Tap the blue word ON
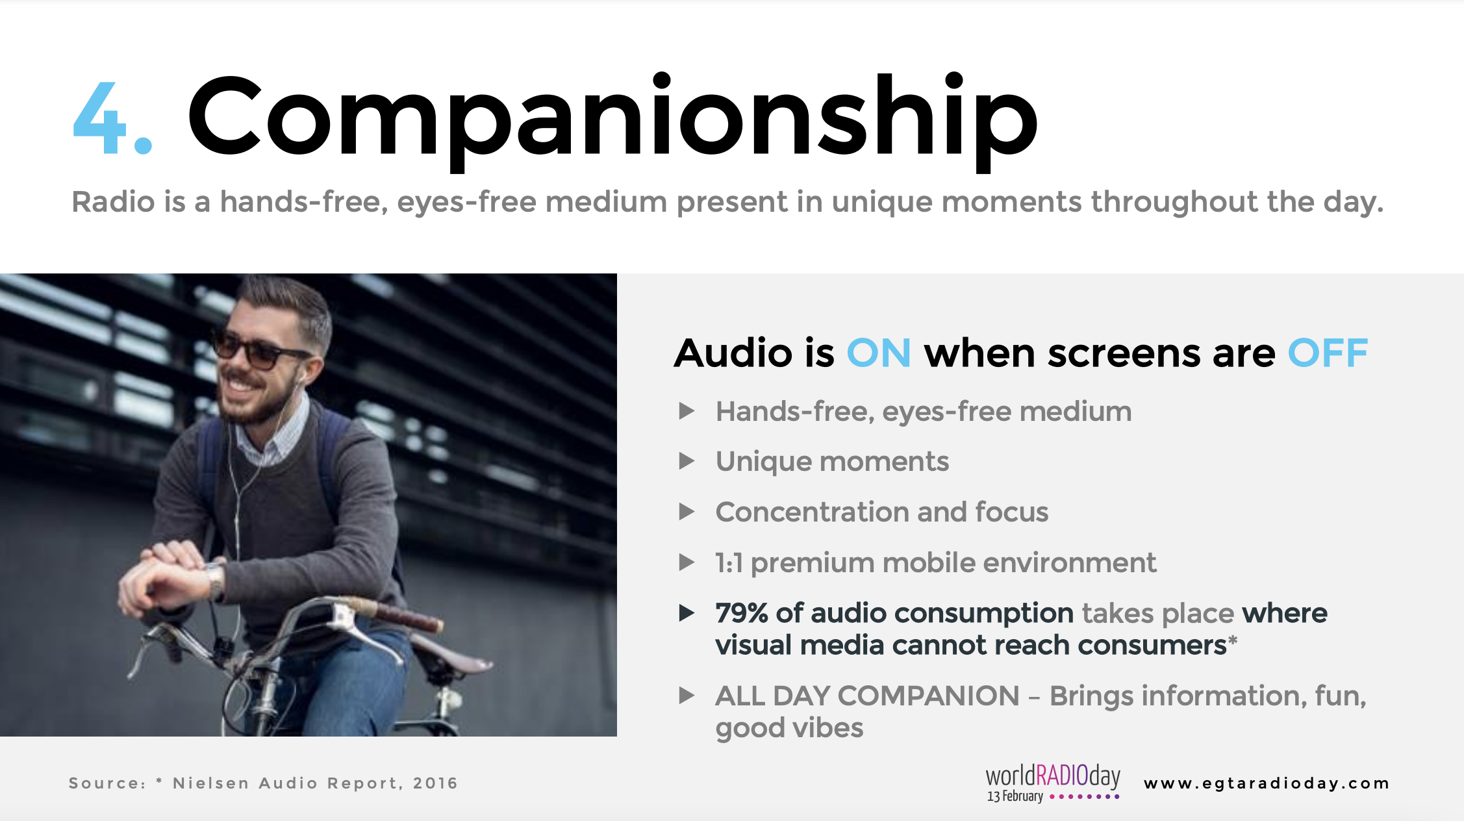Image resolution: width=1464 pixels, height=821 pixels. click(879, 353)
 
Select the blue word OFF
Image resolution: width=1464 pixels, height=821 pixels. click(1328, 353)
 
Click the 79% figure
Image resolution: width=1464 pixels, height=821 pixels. click(742, 613)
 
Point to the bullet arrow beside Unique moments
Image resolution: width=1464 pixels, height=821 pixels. click(687, 461)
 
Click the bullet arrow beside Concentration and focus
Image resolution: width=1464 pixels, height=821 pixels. click(687, 512)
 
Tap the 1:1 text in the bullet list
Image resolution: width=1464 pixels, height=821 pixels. click(729, 563)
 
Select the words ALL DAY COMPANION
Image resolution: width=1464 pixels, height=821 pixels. click(867, 696)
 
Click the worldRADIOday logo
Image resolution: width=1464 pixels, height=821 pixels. click(1053, 783)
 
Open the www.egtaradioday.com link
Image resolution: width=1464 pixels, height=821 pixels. click(1267, 783)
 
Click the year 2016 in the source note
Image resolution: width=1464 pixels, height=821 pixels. click(435, 783)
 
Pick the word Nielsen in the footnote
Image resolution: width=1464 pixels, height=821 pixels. click(211, 783)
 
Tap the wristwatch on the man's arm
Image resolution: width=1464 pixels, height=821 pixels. click(214, 580)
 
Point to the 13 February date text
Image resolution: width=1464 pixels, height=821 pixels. click(1015, 796)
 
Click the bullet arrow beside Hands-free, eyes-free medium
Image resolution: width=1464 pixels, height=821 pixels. click(687, 411)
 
